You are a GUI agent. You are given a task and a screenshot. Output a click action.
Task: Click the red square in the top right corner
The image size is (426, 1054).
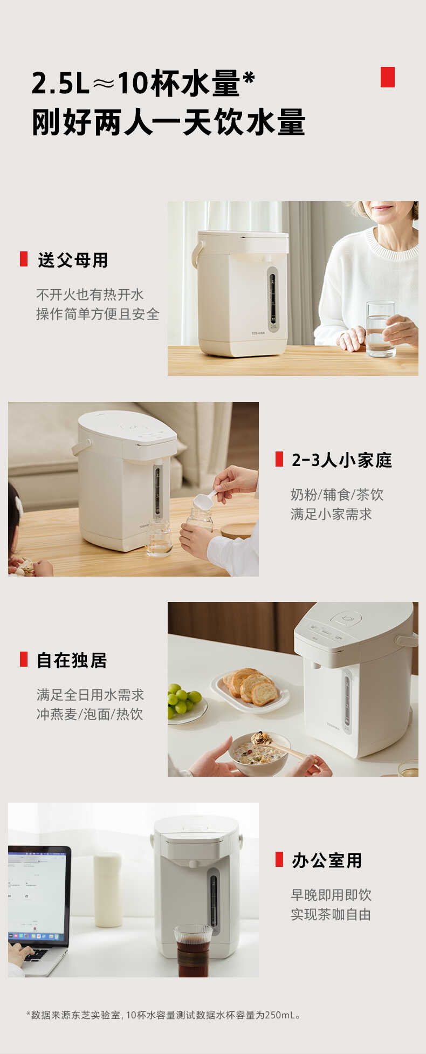tap(387, 77)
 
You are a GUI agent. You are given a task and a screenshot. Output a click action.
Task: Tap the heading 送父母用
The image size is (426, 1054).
tap(73, 260)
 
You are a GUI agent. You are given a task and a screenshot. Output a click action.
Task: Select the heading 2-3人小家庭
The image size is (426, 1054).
tap(342, 460)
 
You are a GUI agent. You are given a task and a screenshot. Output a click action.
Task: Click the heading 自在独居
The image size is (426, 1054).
tap(72, 660)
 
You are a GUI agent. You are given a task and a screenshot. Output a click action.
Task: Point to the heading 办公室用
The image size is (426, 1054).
tap(327, 860)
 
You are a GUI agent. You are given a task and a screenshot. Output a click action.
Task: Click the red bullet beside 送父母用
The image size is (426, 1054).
tap(24, 259)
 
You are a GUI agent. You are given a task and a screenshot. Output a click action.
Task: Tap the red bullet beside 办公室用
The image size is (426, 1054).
tap(279, 859)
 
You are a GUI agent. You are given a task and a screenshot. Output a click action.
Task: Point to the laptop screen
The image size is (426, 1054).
tap(38, 892)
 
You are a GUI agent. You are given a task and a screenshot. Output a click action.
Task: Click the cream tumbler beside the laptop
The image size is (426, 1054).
tap(107, 889)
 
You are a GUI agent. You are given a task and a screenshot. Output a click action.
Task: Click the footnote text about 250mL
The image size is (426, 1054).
tap(163, 1015)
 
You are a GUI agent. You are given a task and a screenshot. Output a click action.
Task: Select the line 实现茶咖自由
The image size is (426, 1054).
tap(331, 914)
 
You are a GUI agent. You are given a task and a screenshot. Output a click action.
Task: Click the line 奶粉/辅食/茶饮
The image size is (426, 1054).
tap(337, 495)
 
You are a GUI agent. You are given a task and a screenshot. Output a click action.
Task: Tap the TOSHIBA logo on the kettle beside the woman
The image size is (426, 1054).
tap(258, 333)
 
